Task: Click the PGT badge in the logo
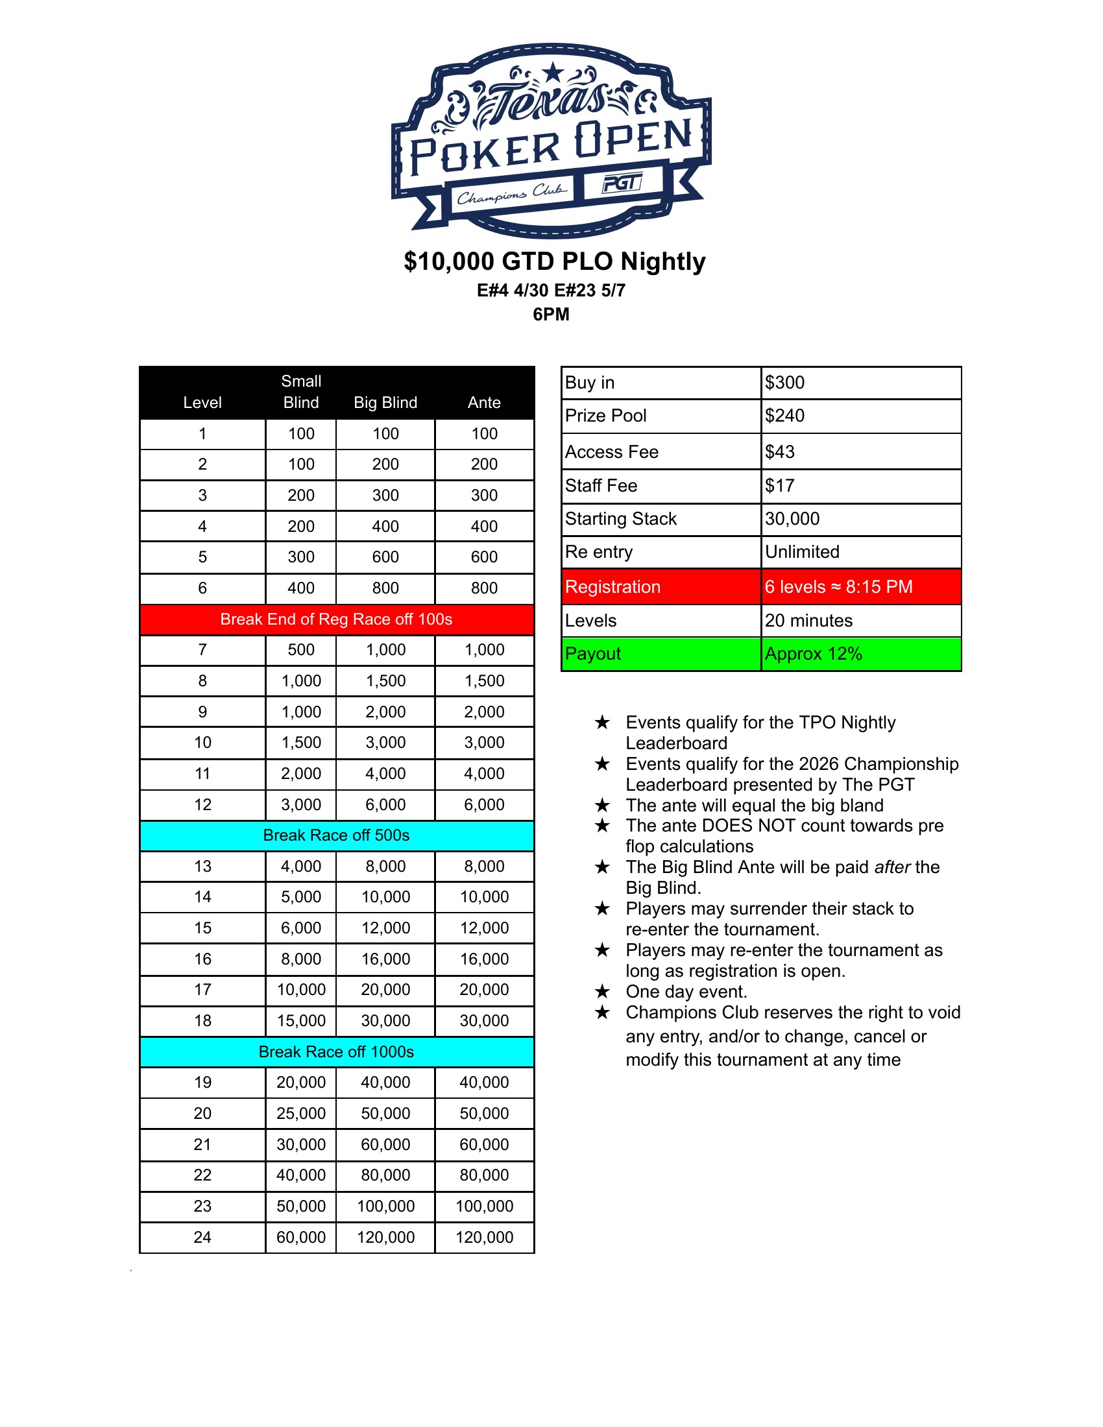tap(622, 184)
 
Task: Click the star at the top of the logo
tap(553, 71)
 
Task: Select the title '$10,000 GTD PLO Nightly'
tap(554, 261)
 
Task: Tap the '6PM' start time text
tap(551, 315)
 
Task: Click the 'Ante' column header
tap(483, 403)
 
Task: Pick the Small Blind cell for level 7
tap(300, 650)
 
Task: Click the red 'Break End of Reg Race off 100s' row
tap(336, 619)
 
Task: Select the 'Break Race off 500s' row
tap(336, 835)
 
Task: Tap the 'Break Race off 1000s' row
tap(336, 1052)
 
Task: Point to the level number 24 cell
tap(202, 1238)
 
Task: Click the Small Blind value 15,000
tap(300, 1021)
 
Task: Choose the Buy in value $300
tap(785, 383)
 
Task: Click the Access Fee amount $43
tap(780, 452)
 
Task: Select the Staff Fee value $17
tap(780, 486)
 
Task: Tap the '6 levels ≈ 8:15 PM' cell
tap(838, 587)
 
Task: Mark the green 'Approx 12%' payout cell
tap(814, 654)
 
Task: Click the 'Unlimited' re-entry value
tap(802, 552)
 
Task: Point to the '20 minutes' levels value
tap(808, 621)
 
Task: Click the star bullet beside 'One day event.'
tap(603, 992)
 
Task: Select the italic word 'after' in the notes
tap(892, 867)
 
